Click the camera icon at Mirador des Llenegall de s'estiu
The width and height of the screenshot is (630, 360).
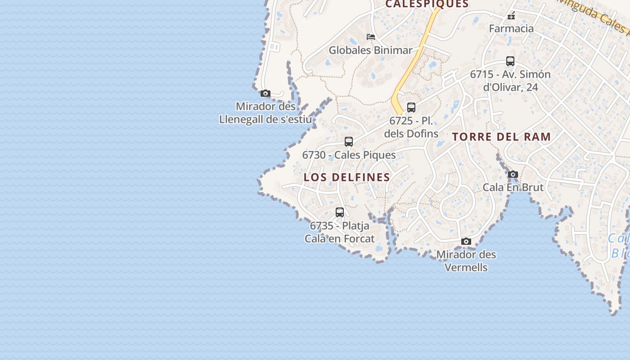[x=265, y=94]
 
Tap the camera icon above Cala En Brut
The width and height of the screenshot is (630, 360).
[x=513, y=174]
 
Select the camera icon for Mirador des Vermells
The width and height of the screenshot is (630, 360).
[x=466, y=242]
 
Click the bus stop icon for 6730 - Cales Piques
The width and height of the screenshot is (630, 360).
[x=349, y=142]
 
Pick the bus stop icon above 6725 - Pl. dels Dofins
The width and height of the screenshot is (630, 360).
[x=411, y=108]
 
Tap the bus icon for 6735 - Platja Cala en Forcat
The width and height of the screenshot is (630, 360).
[x=340, y=212]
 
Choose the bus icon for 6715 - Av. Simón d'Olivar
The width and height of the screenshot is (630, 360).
[x=510, y=61]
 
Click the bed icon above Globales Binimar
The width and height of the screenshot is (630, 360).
[x=371, y=37]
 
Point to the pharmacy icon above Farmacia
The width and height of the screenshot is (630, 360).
[x=511, y=16]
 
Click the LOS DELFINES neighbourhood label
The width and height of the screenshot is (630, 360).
[x=347, y=177]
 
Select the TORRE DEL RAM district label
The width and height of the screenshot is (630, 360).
[x=501, y=137]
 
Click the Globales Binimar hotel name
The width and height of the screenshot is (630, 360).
[x=370, y=50]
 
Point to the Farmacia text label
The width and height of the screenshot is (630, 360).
[x=511, y=29]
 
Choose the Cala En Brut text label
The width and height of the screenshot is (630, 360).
[x=513, y=187]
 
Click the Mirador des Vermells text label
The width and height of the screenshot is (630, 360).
[x=466, y=261]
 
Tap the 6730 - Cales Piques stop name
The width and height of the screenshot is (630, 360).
[x=349, y=155]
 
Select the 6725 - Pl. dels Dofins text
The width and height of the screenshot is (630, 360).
[x=411, y=127]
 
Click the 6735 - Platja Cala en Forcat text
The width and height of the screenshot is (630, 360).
[x=340, y=232]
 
